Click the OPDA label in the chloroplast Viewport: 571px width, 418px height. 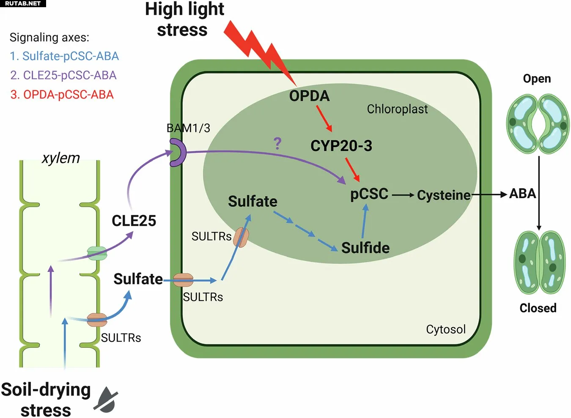[x=309, y=96]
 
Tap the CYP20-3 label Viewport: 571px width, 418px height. [x=341, y=146]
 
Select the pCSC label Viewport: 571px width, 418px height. [x=369, y=194]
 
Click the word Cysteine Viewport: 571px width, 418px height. [x=443, y=195]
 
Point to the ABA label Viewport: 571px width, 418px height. [x=522, y=194]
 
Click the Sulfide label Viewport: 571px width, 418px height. [x=365, y=248]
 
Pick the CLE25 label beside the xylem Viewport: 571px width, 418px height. [x=134, y=221]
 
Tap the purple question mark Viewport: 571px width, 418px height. [x=277, y=144]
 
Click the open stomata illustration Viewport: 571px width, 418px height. [x=538, y=123]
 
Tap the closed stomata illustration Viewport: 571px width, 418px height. [x=539, y=262]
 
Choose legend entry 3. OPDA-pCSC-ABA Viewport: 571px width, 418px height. [x=62, y=95]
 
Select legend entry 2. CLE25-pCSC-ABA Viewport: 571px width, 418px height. [x=63, y=75]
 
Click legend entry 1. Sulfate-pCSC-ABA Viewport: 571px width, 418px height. [x=64, y=56]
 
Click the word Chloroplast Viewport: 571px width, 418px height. [x=397, y=109]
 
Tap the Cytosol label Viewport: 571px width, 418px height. [x=445, y=329]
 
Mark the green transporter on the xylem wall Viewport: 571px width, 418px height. [x=97, y=253]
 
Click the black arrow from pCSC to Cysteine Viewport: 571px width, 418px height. [x=403, y=195]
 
